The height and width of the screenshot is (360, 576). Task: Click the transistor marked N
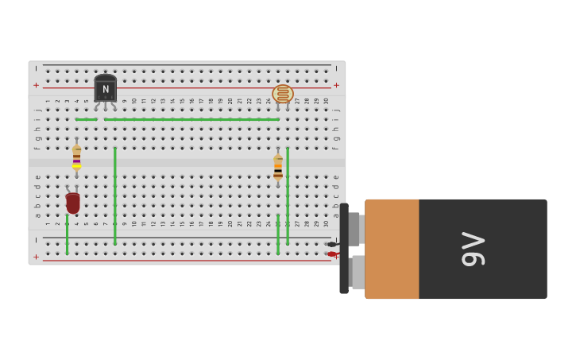pyautogui.click(x=105, y=88)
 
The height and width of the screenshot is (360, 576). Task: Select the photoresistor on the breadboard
pyautogui.click(x=283, y=94)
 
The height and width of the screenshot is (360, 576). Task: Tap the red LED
pyautogui.click(x=72, y=203)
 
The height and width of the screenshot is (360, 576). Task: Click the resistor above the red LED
pyautogui.click(x=76, y=156)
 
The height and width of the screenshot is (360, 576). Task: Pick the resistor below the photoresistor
pyautogui.click(x=278, y=167)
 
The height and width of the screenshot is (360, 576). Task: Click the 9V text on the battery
pyautogui.click(x=473, y=249)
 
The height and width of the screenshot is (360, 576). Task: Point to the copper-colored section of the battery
pyautogui.click(x=392, y=249)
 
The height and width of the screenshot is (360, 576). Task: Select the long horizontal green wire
pyautogui.click(x=191, y=119)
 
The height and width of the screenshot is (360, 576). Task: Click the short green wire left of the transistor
pyautogui.click(x=86, y=119)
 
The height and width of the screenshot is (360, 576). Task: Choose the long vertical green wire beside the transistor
pyautogui.click(x=114, y=195)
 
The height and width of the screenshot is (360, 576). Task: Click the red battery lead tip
pyautogui.click(x=331, y=254)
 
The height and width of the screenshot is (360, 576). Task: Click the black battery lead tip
pyautogui.click(x=331, y=244)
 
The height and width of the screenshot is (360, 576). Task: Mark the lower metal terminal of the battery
pyautogui.click(x=358, y=272)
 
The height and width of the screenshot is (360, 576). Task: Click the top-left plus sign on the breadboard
pyautogui.click(x=36, y=85)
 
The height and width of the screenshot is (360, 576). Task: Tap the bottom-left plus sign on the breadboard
pyautogui.click(x=36, y=257)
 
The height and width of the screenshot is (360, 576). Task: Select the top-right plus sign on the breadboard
pyautogui.click(x=336, y=85)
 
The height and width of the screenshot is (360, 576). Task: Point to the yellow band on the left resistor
pyautogui.click(x=76, y=166)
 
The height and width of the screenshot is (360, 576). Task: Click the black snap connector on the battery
pyautogui.click(x=344, y=249)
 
